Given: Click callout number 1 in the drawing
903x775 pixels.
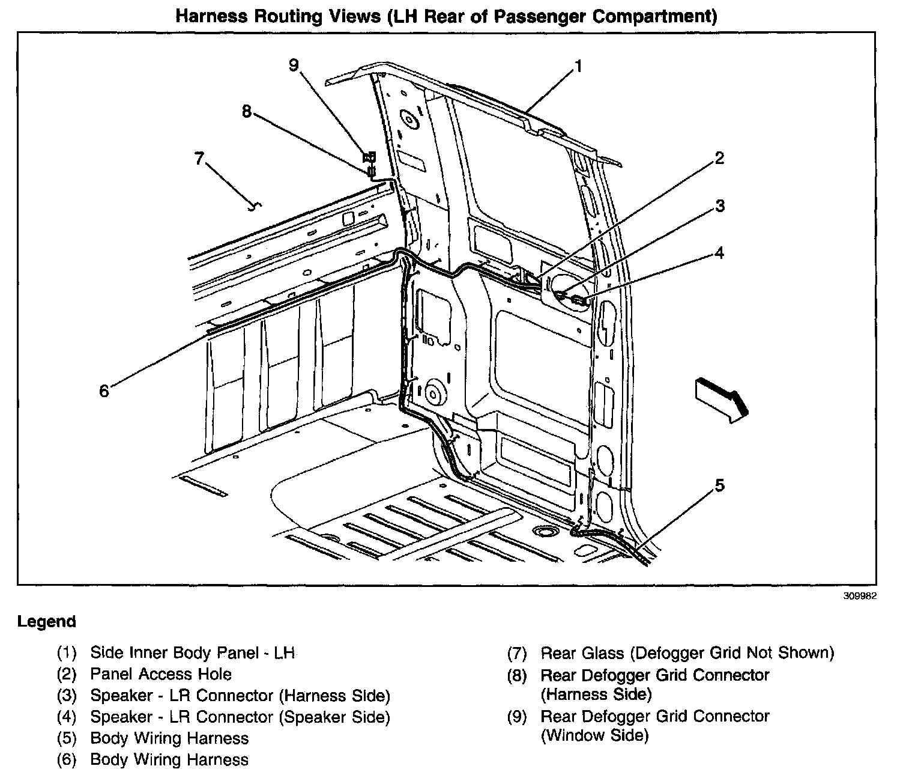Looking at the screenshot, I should pos(578,67).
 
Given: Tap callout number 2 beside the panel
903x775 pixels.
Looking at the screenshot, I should pos(719,158).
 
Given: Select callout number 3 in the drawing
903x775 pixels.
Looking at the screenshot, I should pos(719,206).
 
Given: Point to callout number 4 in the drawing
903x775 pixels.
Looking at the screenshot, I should pos(719,253).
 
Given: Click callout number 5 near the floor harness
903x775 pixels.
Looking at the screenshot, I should pos(719,485).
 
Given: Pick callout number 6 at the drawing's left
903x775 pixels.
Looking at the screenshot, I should pos(104,391).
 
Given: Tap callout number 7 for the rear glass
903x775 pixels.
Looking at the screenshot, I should pos(199,159).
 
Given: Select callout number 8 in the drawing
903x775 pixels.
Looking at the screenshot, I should pos(247,112).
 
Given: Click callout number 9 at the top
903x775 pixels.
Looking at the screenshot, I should pos(294,65).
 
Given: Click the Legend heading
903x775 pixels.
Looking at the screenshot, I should pos(47,622).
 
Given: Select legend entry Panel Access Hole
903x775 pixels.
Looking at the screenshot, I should pos(160,674).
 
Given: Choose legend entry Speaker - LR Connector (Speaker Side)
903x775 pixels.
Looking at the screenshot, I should pos(240,717).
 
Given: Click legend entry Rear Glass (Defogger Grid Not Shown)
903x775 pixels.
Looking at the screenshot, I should pos(687,652).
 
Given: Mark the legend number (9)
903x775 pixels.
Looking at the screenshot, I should pos(516,717).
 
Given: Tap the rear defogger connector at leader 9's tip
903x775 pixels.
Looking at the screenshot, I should pos(369,158).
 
